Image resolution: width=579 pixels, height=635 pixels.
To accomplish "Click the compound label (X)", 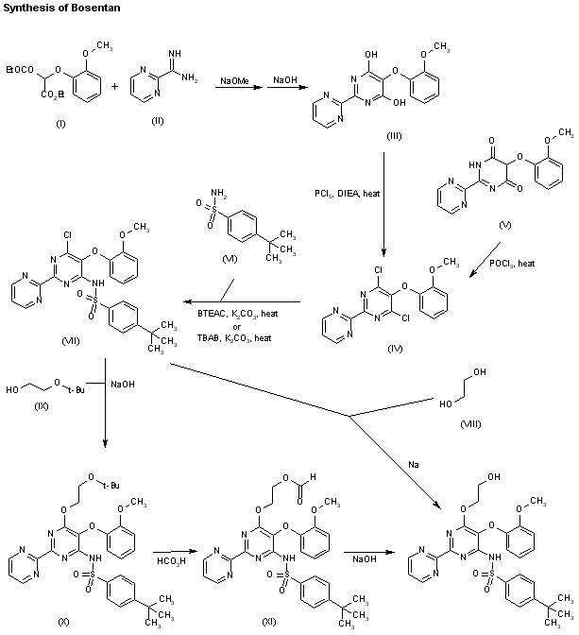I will (x=64, y=620).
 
